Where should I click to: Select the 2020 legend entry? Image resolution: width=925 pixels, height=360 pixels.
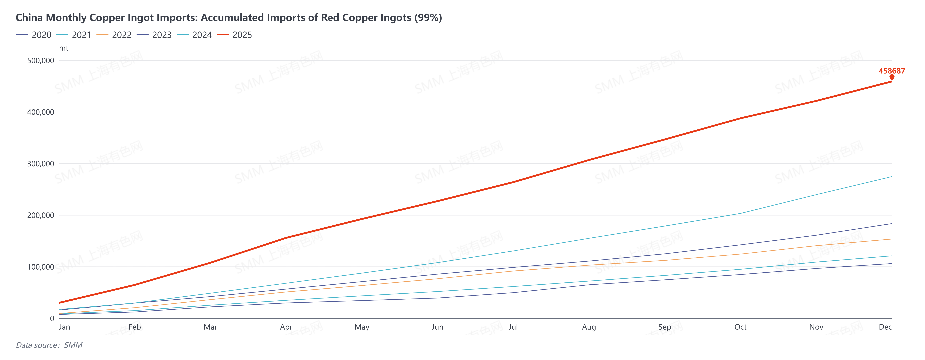point(34,35)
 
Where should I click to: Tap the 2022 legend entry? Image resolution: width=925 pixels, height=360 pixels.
point(114,35)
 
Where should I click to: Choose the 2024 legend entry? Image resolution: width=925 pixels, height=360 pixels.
point(195,35)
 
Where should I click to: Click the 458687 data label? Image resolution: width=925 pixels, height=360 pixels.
point(892,71)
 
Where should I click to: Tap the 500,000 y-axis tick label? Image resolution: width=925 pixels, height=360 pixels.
point(41,60)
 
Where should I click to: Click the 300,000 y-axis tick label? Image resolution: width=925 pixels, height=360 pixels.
point(41,164)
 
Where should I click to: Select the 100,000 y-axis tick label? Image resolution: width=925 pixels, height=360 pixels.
point(41,267)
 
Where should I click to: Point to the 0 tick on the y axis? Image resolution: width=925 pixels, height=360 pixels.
point(52,318)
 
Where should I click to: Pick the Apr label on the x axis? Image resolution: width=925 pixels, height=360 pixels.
point(286,327)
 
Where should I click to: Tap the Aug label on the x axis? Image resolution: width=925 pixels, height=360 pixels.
point(589,327)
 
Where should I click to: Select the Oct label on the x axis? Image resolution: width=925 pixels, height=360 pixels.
point(740,327)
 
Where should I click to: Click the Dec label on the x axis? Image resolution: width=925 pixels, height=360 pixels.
point(885,327)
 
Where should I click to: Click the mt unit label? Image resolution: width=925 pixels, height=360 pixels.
point(64,48)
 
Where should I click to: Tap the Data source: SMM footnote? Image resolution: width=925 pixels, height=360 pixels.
point(49,345)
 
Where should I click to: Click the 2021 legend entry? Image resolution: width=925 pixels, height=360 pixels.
point(74,35)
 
